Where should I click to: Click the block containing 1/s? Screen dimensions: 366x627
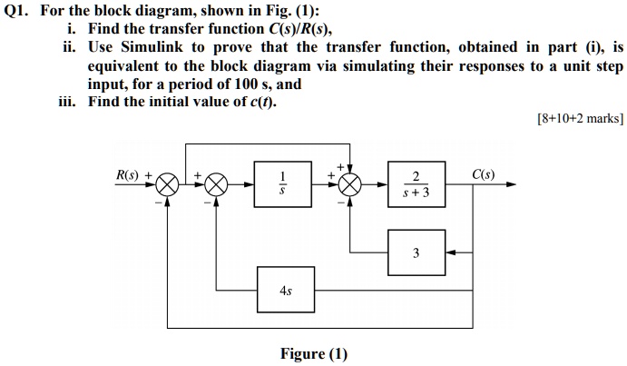pyautogui.click(x=282, y=184)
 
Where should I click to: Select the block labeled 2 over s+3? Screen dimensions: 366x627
pyautogui.click(x=416, y=184)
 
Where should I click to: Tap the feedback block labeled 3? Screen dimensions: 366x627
pyautogui.click(x=416, y=252)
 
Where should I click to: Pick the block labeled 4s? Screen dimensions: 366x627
pyautogui.click(x=285, y=291)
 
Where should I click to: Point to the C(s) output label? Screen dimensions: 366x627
pyautogui.click(x=484, y=174)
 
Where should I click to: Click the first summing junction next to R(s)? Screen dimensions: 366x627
pyautogui.click(x=167, y=185)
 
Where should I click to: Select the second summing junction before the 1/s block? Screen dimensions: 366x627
pyautogui.click(x=215, y=185)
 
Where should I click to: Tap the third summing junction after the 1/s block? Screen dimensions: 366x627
pyautogui.click(x=349, y=185)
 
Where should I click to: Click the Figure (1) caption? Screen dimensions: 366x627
pyautogui.click(x=313, y=353)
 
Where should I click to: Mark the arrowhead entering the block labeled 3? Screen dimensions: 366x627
pyautogui.click(x=451, y=252)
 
